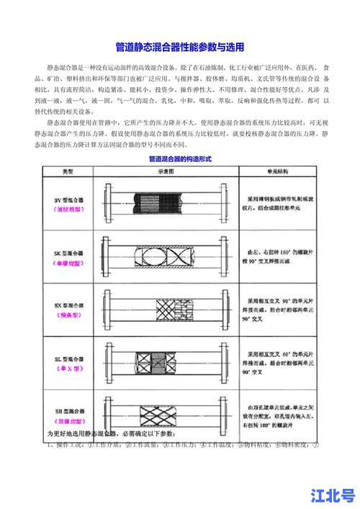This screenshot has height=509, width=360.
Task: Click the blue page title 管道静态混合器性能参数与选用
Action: point(180,48)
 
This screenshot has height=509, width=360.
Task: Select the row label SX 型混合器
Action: point(69,305)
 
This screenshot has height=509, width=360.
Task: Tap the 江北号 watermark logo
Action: point(333,495)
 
